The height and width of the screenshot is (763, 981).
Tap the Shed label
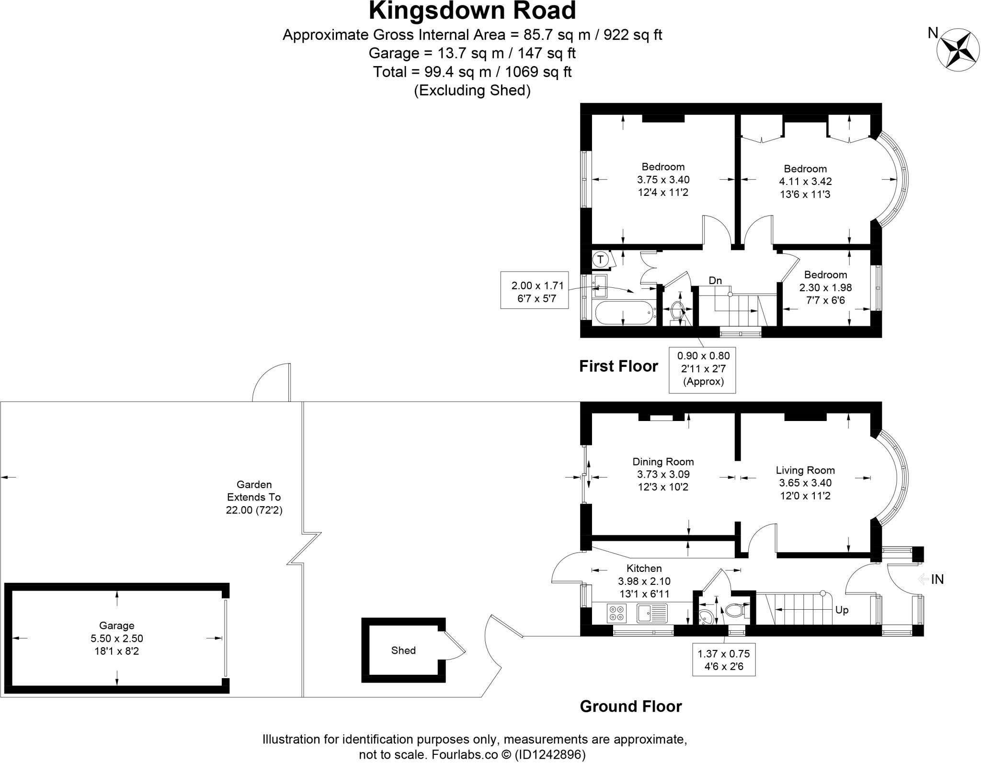click(403, 650)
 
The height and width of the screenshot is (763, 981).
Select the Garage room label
click(116, 625)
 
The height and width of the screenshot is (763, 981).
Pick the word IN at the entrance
click(937, 579)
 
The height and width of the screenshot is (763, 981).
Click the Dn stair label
click(715, 280)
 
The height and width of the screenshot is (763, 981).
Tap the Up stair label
click(842, 610)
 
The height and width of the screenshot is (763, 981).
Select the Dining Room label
click(663, 461)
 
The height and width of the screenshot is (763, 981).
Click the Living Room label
click(805, 470)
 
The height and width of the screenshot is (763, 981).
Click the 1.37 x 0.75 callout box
click(723, 660)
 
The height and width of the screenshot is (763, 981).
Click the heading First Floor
click(618, 366)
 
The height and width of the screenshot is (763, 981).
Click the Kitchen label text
click(644, 568)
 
